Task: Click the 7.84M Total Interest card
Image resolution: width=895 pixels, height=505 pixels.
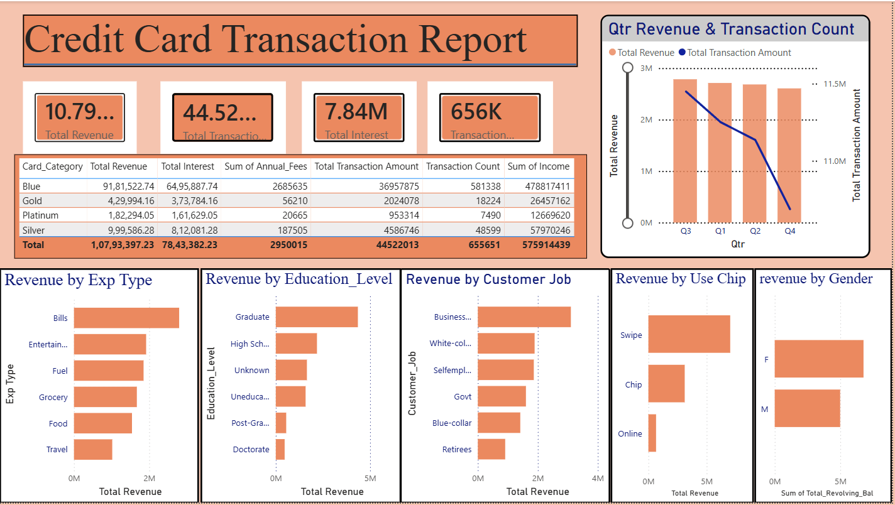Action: pyautogui.click(x=359, y=117)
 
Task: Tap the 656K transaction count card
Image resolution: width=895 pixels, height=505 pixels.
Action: pyautogui.click(x=490, y=117)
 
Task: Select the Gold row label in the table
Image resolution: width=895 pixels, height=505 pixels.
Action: pyautogui.click(x=31, y=201)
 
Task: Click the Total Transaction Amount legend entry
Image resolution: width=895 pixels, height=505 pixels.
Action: pyautogui.click(x=739, y=53)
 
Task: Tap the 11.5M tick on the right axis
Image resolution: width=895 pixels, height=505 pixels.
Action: pyautogui.click(x=834, y=84)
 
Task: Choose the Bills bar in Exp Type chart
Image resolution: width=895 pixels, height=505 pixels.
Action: pyautogui.click(x=126, y=318)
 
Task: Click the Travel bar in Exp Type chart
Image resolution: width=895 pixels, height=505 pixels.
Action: pyautogui.click(x=93, y=450)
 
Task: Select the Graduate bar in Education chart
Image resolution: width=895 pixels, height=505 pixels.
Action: pyautogui.click(x=317, y=317)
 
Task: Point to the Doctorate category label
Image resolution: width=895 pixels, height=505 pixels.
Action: pyautogui.click(x=251, y=449)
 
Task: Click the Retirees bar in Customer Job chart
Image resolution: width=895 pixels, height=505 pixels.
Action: pyautogui.click(x=491, y=449)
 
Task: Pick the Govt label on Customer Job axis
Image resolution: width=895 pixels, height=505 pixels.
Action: pyautogui.click(x=463, y=396)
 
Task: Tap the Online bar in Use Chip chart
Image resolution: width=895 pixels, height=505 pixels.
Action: pyautogui.click(x=652, y=433)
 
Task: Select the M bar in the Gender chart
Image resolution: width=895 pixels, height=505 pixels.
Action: pyautogui.click(x=807, y=408)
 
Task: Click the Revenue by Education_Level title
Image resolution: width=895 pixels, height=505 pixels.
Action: pyautogui.click(x=299, y=279)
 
